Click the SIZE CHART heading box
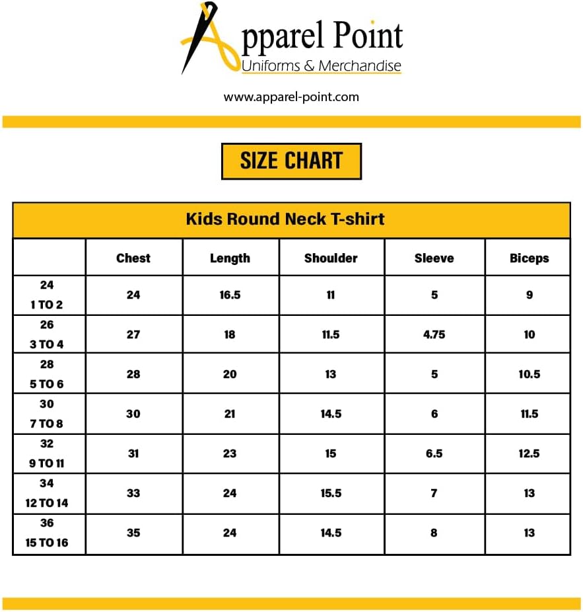[291, 161]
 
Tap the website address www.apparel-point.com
[291, 97]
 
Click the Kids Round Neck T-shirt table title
[285, 219]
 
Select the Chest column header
[133, 258]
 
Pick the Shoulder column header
[331, 258]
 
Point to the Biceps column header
[529, 258]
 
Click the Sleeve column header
[434, 258]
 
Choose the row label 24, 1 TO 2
[47, 295]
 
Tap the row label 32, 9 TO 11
[47, 453]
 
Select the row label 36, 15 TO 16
[48, 533]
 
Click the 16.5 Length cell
[230, 295]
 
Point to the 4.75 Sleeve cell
[434, 334]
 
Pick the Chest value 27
[133, 334]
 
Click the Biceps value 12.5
[529, 453]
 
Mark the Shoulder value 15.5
[331, 493]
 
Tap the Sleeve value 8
[434, 533]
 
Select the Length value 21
[230, 414]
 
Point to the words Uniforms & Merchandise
[321, 66]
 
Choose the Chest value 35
[133, 533]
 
